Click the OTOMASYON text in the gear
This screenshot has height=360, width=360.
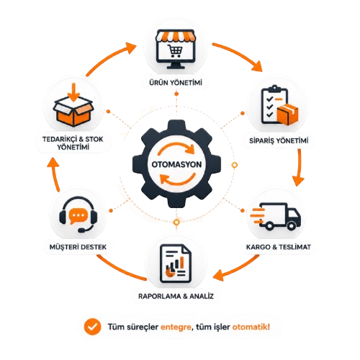click(x=176, y=164)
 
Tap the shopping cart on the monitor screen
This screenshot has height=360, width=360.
click(x=176, y=51)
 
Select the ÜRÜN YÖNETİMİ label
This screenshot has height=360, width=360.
click(x=176, y=83)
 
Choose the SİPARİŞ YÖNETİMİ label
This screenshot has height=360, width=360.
click(x=279, y=140)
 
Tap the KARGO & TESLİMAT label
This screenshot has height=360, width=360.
click(x=279, y=247)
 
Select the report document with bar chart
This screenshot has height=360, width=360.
click(x=176, y=264)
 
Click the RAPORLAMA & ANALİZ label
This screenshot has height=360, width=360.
click(x=176, y=296)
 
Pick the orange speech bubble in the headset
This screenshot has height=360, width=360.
click(x=77, y=216)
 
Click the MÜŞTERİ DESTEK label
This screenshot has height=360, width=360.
click(x=78, y=247)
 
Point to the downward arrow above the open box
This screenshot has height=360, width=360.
click(x=73, y=92)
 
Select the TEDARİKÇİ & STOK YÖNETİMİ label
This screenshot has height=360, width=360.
click(x=73, y=143)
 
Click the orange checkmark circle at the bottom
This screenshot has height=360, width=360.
click(x=92, y=327)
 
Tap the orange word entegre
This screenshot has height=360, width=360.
click(x=176, y=328)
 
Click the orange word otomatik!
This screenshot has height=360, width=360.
click(x=251, y=327)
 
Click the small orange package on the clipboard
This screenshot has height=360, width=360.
click(x=287, y=114)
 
